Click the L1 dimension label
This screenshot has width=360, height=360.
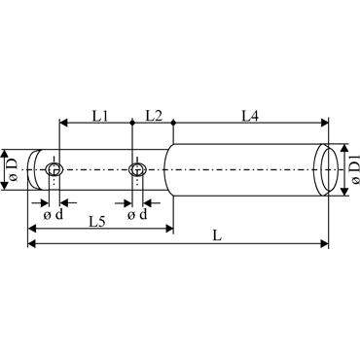pyautogui.click(x=100, y=116)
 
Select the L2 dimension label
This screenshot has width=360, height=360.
pyautogui.click(x=154, y=116)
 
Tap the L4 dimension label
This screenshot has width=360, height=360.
pyautogui.click(x=250, y=116)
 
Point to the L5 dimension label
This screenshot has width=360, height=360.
pyautogui.click(x=97, y=222)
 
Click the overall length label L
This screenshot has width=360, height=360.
pyautogui.click(x=217, y=235)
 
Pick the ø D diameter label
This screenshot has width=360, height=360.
pyautogui.click(x=13, y=169)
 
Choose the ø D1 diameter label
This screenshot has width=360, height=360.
pyautogui.click(x=354, y=169)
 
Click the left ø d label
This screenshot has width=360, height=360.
pyautogui.click(x=54, y=214)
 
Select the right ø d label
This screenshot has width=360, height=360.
pyautogui.click(x=137, y=214)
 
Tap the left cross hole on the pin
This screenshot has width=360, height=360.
pyautogui.click(x=54, y=169)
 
